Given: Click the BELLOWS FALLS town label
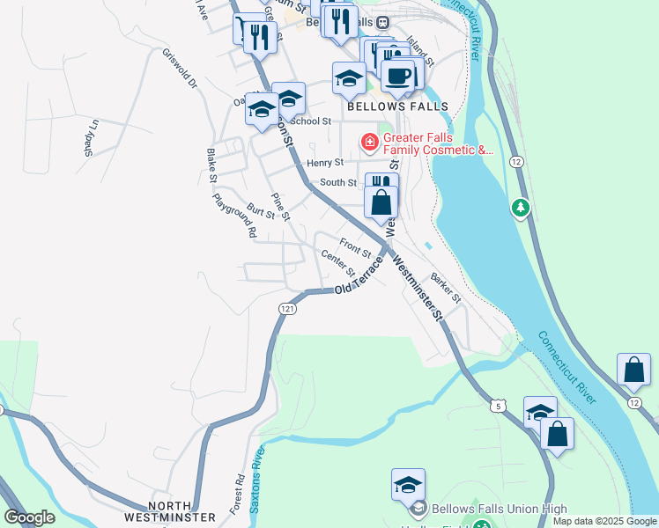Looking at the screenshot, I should pos(397,106).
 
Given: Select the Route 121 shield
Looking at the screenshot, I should pos(287,309).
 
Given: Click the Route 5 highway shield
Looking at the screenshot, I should pos(500,406).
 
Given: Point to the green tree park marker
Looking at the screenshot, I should pos(521,208).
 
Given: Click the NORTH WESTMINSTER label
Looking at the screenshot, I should pos(180,511).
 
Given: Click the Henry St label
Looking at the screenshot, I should pos(323,163).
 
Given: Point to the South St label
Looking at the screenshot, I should pos(337,183).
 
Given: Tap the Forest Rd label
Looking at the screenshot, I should pos(238,495).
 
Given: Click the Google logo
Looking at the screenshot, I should pos(29,517).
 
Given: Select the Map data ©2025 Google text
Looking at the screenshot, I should pos(604,521).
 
